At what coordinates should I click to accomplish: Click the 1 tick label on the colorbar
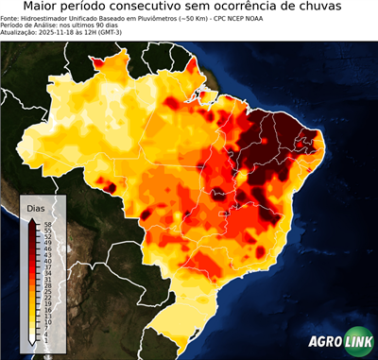(x=43, y=340)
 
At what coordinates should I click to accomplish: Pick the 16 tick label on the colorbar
(x=43, y=310)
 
